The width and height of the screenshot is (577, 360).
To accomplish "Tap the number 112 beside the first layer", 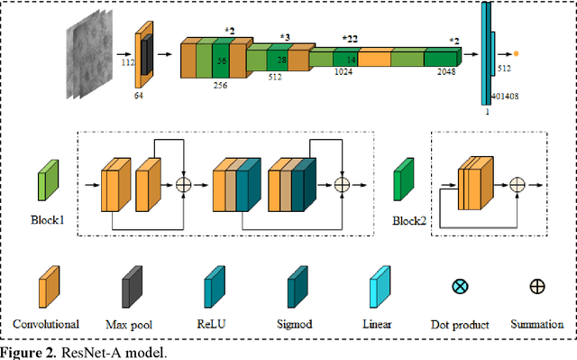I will [x=127, y=64].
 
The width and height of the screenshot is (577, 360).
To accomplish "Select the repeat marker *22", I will [x=351, y=39].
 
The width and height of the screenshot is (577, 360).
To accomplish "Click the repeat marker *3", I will [x=285, y=37].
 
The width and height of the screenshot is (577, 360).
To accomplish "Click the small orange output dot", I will [x=517, y=54].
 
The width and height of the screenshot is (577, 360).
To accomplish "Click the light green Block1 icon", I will [x=47, y=180].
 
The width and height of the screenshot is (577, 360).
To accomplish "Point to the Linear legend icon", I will [x=382, y=287].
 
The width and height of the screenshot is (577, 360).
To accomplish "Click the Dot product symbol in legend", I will [x=459, y=287].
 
